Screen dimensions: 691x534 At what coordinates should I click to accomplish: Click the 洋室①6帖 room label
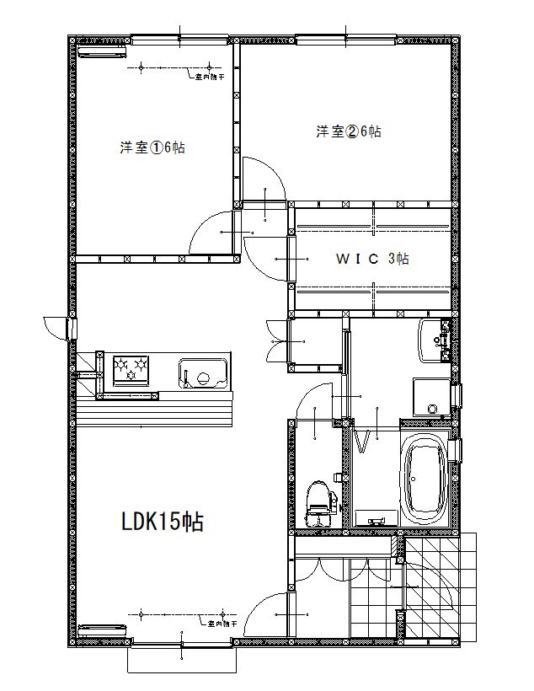[152, 147]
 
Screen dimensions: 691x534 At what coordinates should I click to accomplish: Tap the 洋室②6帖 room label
[349, 131]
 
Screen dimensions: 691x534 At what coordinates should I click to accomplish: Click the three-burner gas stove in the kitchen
[131, 369]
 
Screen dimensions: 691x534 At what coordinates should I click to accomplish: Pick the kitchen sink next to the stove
[201, 372]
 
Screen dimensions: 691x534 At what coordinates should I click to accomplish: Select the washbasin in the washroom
[435, 340]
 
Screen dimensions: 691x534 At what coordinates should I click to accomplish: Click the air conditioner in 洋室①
[102, 51]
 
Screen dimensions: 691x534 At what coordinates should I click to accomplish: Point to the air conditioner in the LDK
[102, 629]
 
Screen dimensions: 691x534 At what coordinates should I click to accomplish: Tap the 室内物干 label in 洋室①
[210, 78]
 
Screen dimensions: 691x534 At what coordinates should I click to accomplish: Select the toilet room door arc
[318, 401]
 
